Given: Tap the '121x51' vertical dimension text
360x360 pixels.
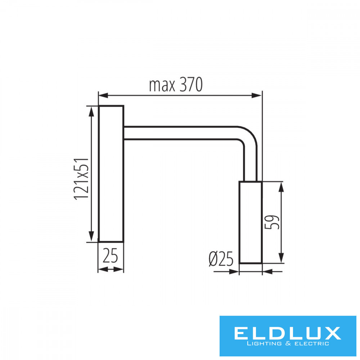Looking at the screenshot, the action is (x=81, y=179).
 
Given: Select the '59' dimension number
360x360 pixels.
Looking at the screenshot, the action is (x=272, y=222).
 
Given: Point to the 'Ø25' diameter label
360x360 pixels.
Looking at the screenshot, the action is (x=221, y=259).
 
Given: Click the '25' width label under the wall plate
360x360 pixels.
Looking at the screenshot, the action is (x=110, y=256).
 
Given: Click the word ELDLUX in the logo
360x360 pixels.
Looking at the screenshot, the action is (x=287, y=333).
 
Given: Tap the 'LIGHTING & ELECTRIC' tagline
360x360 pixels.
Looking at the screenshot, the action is (x=288, y=344).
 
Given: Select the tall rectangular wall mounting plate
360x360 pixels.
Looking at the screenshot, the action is (x=111, y=174).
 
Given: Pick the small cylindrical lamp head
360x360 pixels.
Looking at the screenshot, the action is (x=251, y=222).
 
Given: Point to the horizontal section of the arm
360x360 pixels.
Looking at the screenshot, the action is (x=181, y=133).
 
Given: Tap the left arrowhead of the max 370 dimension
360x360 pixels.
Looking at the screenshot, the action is (x=103, y=95).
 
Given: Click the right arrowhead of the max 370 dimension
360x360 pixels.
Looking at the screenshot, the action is (x=257, y=95).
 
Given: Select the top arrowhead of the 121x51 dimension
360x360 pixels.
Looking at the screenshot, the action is (x=91, y=112).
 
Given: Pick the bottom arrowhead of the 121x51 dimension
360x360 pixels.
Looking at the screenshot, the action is (x=91, y=237).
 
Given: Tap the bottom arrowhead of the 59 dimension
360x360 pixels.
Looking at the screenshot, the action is (x=281, y=258).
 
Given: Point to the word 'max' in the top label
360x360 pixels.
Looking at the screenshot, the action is (x=162, y=86).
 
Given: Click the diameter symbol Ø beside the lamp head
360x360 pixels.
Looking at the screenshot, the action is (x=213, y=259).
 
